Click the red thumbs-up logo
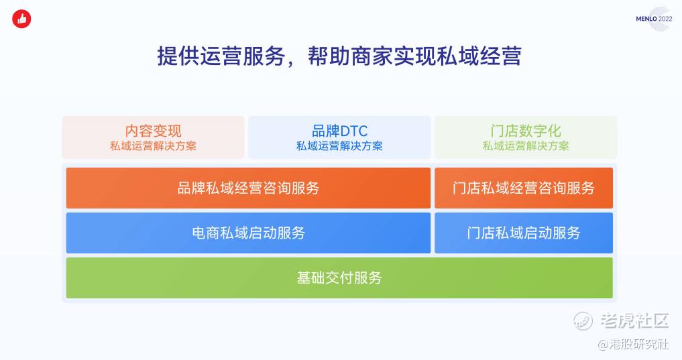[x=21, y=19]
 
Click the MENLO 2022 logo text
[x=654, y=19]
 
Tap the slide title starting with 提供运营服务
[x=339, y=56]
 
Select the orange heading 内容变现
[x=153, y=131]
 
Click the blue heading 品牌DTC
[x=340, y=131]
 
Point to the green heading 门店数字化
[x=526, y=131]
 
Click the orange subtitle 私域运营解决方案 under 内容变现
[x=153, y=146]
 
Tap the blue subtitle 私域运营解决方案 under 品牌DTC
[x=340, y=146]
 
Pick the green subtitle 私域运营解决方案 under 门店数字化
[x=526, y=146]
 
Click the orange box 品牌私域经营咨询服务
[x=248, y=188]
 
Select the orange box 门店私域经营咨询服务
[x=524, y=188]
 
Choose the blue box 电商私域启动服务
[x=248, y=233]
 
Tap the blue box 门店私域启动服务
[x=524, y=233]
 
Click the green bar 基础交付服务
[x=339, y=278]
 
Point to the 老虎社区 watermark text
[x=634, y=321]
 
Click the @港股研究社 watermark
[x=633, y=345]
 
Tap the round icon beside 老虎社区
[x=583, y=321]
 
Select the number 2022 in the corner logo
[x=665, y=19]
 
